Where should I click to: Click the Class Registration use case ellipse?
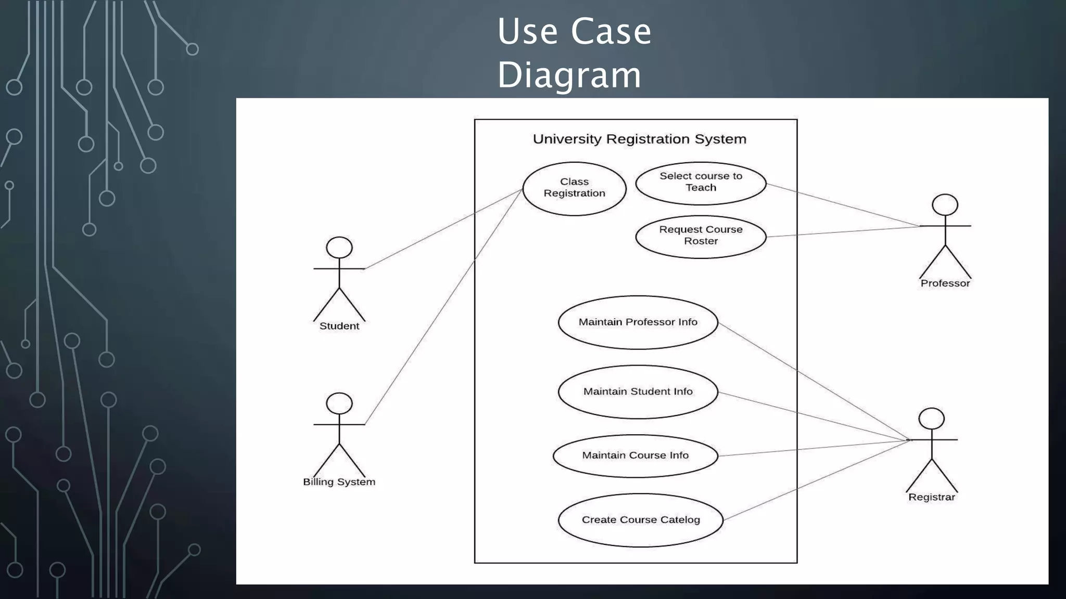point(574,188)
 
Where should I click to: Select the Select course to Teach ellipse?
point(701,183)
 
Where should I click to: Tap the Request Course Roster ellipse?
point(701,236)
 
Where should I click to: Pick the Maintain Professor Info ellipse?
point(638,322)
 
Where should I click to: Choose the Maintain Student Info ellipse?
point(638,392)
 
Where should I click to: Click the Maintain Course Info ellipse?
point(635,455)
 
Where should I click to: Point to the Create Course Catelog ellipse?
point(640,520)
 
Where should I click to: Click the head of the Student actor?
point(339,248)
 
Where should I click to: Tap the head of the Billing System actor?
point(339,403)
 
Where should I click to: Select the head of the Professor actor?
point(945,205)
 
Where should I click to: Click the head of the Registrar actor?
point(931,419)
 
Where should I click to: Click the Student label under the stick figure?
point(339,326)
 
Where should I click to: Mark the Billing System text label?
point(339,482)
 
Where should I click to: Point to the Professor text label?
point(945,283)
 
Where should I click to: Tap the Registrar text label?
point(931,497)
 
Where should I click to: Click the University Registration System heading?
point(639,139)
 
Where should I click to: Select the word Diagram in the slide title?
point(569,75)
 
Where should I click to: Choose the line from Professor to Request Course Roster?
point(843,232)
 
